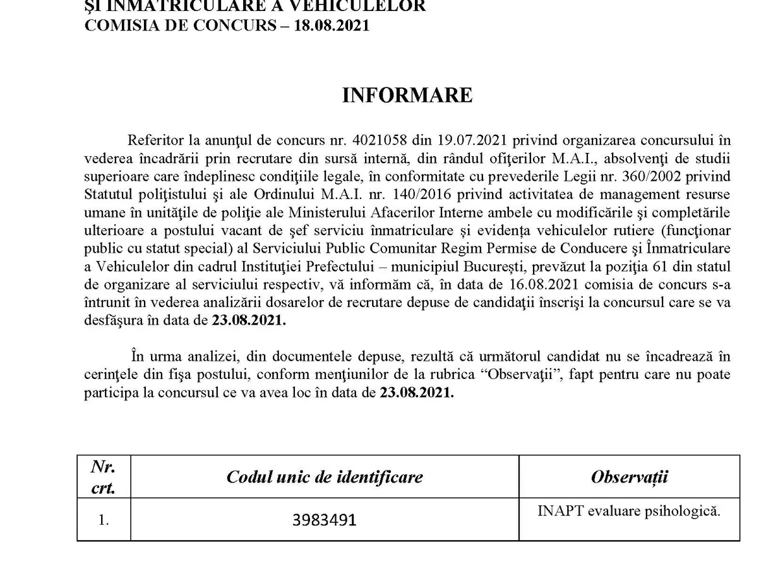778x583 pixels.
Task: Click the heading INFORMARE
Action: (x=407, y=95)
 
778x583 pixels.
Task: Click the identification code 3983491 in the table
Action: (x=324, y=520)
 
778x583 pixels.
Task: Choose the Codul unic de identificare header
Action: (x=324, y=478)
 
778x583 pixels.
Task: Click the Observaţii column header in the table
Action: (x=629, y=478)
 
